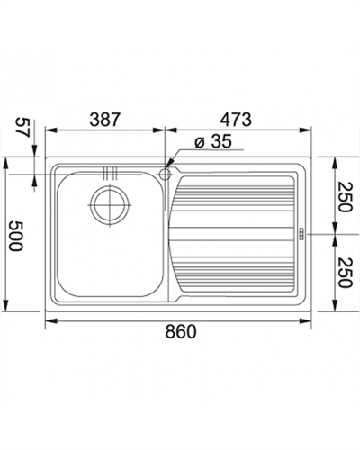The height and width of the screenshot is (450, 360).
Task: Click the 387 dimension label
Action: coord(105,120)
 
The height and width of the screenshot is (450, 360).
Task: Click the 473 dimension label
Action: coord(236,120)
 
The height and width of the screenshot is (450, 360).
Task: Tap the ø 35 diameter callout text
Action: coord(213,141)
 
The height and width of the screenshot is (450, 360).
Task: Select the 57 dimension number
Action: coord(22,127)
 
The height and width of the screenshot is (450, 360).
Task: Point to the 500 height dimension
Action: coord(15,236)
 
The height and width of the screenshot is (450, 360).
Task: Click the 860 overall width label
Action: coord(181,332)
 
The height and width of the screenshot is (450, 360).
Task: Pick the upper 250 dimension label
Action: coord(344,196)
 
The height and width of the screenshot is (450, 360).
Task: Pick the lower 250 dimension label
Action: coord(344,273)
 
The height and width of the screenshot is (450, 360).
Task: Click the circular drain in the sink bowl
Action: coord(111,205)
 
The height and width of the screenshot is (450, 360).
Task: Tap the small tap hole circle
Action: coord(165,174)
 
